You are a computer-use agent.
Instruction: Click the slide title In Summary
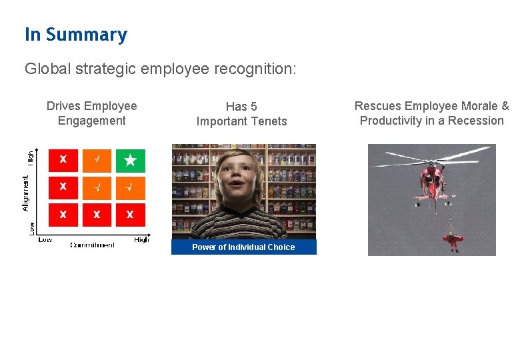[75, 35]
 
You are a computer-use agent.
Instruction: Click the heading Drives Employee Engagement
[91, 113]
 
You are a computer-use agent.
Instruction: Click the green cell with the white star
[130, 160]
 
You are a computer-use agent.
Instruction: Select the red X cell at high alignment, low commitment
[63, 160]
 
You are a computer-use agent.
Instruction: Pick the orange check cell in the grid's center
[97, 187]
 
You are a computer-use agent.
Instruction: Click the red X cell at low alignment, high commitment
[130, 214]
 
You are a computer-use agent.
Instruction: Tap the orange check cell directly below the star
[130, 187]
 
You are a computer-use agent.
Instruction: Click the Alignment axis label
[26, 193]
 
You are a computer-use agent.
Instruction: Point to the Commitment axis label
[93, 245]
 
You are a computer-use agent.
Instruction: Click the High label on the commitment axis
[141, 239]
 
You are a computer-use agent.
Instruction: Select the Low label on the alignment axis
[31, 227]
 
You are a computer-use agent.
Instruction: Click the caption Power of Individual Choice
[243, 247]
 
